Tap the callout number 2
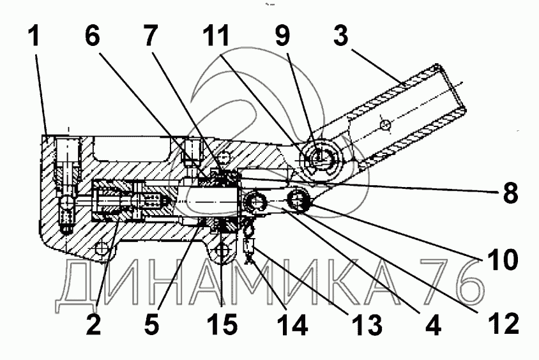point(94,326)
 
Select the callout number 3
point(342,36)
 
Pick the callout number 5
point(151,326)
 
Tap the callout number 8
point(509,192)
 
